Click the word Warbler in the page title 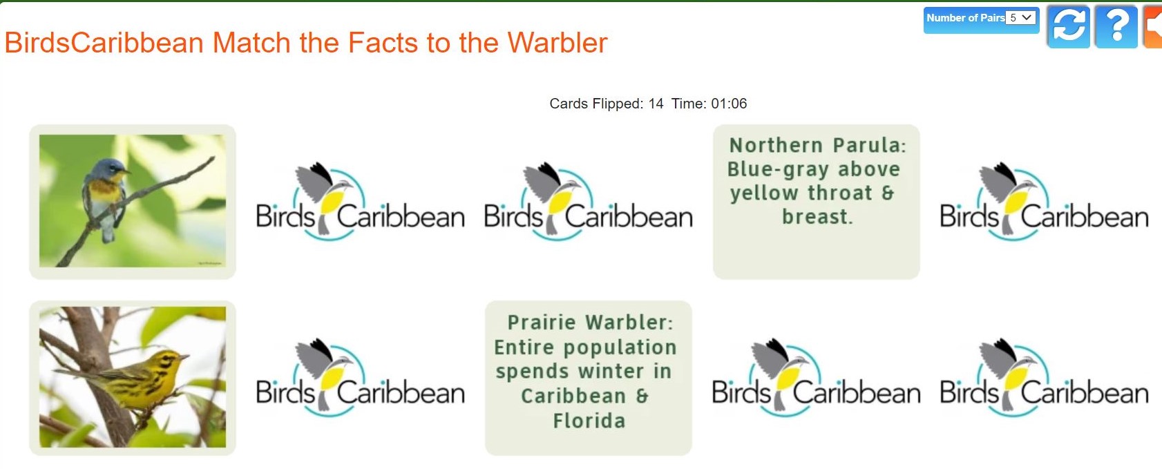click(557, 43)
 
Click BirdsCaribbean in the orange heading click(104, 43)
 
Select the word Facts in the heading click(383, 43)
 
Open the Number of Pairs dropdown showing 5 click(1020, 18)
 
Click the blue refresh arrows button click(1068, 26)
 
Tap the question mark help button click(1116, 26)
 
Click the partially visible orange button click(1153, 26)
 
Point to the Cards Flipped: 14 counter click(606, 104)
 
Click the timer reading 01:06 click(729, 104)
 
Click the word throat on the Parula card click(840, 193)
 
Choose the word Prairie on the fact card click(542, 323)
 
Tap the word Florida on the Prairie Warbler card click(589, 421)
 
